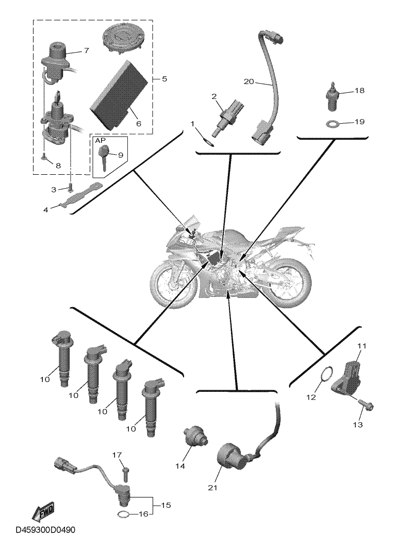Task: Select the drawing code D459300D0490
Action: click(45, 530)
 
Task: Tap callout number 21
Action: click(212, 488)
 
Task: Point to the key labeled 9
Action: click(105, 156)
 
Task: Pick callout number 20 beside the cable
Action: click(249, 81)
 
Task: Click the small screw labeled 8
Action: click(44, 159)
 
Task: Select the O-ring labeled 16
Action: click(123, 514)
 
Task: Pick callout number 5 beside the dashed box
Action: click(164, 79)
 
